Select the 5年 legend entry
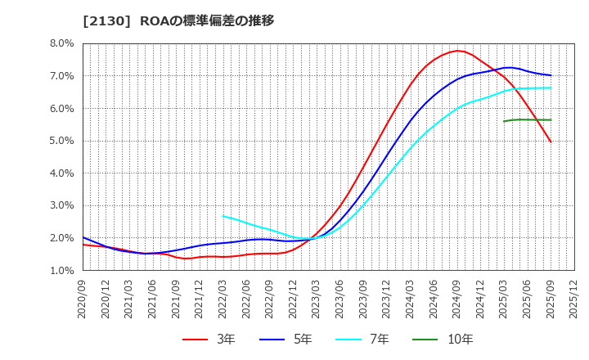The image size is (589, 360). (291, 339)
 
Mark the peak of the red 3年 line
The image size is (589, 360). (457, 51)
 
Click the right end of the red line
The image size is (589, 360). (551, 142)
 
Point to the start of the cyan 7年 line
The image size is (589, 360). (223, 216)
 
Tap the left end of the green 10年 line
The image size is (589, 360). (504, 121)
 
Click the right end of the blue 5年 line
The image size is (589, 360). (551, 75)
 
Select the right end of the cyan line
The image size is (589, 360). (551, 88)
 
